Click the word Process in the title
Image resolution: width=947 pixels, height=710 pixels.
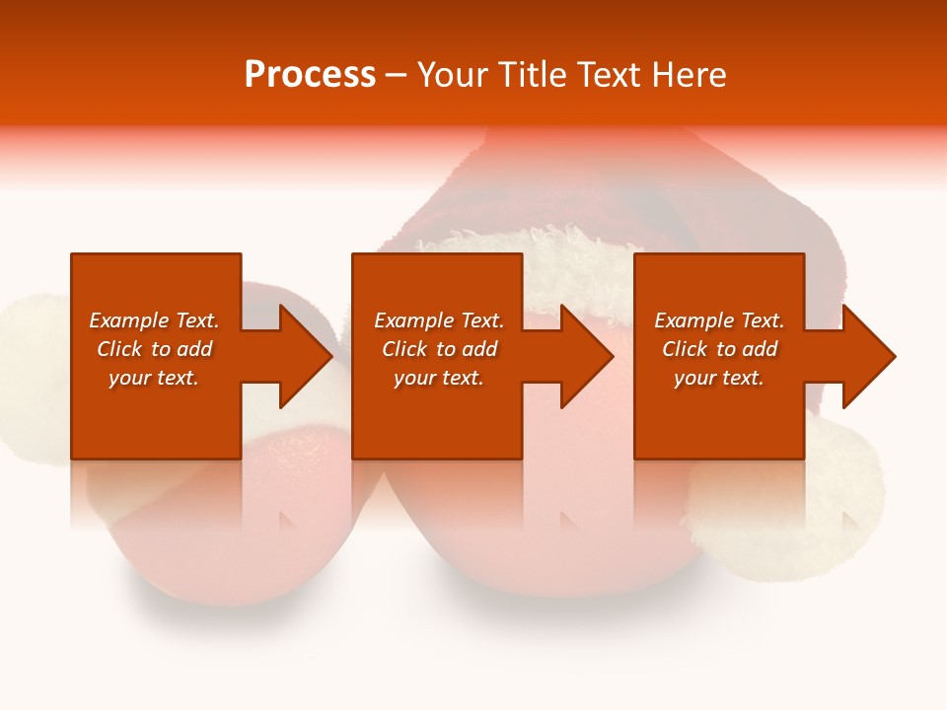[x=310, y=75]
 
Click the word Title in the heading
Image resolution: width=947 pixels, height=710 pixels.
[x=529, y=75]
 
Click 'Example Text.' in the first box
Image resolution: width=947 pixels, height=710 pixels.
[x=154, y=320]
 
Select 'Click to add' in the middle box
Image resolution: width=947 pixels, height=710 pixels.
[x=439, y=349]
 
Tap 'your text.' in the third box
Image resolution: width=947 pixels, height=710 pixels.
[x=718, y=378]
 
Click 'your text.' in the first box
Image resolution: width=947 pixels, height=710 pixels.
[x=154, y=378]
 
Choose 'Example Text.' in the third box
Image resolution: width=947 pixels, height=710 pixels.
[x=718, y=320]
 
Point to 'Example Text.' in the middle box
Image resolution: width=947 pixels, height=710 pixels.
[x=439, y=320]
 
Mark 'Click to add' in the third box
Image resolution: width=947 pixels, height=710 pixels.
[x=718, y=349]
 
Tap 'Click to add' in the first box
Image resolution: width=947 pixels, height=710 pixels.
[x=154, y=349]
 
